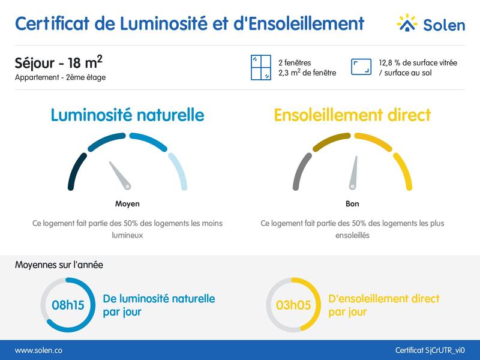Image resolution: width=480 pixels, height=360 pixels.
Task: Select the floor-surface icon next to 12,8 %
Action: coord(361,68)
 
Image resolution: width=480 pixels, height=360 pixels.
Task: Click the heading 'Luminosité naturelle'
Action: coord(127,115)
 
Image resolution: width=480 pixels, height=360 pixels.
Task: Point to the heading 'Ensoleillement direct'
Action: coord(352,115)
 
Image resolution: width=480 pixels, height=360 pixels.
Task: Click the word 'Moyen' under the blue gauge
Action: coord(127,204)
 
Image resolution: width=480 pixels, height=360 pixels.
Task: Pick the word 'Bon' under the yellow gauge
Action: coord(352,204)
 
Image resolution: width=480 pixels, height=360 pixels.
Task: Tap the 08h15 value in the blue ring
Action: coord(68,305)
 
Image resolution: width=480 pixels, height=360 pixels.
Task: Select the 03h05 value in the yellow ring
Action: coord(293,305)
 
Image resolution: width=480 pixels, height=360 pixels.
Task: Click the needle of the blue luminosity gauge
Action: coord(119,175)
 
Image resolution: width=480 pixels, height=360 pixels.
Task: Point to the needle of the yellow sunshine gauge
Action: coord(355,172)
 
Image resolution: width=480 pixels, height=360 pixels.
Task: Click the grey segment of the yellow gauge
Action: coord(299,171)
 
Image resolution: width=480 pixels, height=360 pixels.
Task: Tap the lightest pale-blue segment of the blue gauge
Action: coord(179,171)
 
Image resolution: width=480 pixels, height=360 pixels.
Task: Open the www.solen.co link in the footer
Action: coord(38,350)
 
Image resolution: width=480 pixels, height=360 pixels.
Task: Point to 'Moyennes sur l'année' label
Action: coord(59,265)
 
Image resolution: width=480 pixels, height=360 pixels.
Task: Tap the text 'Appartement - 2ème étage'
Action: coord(60,77)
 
